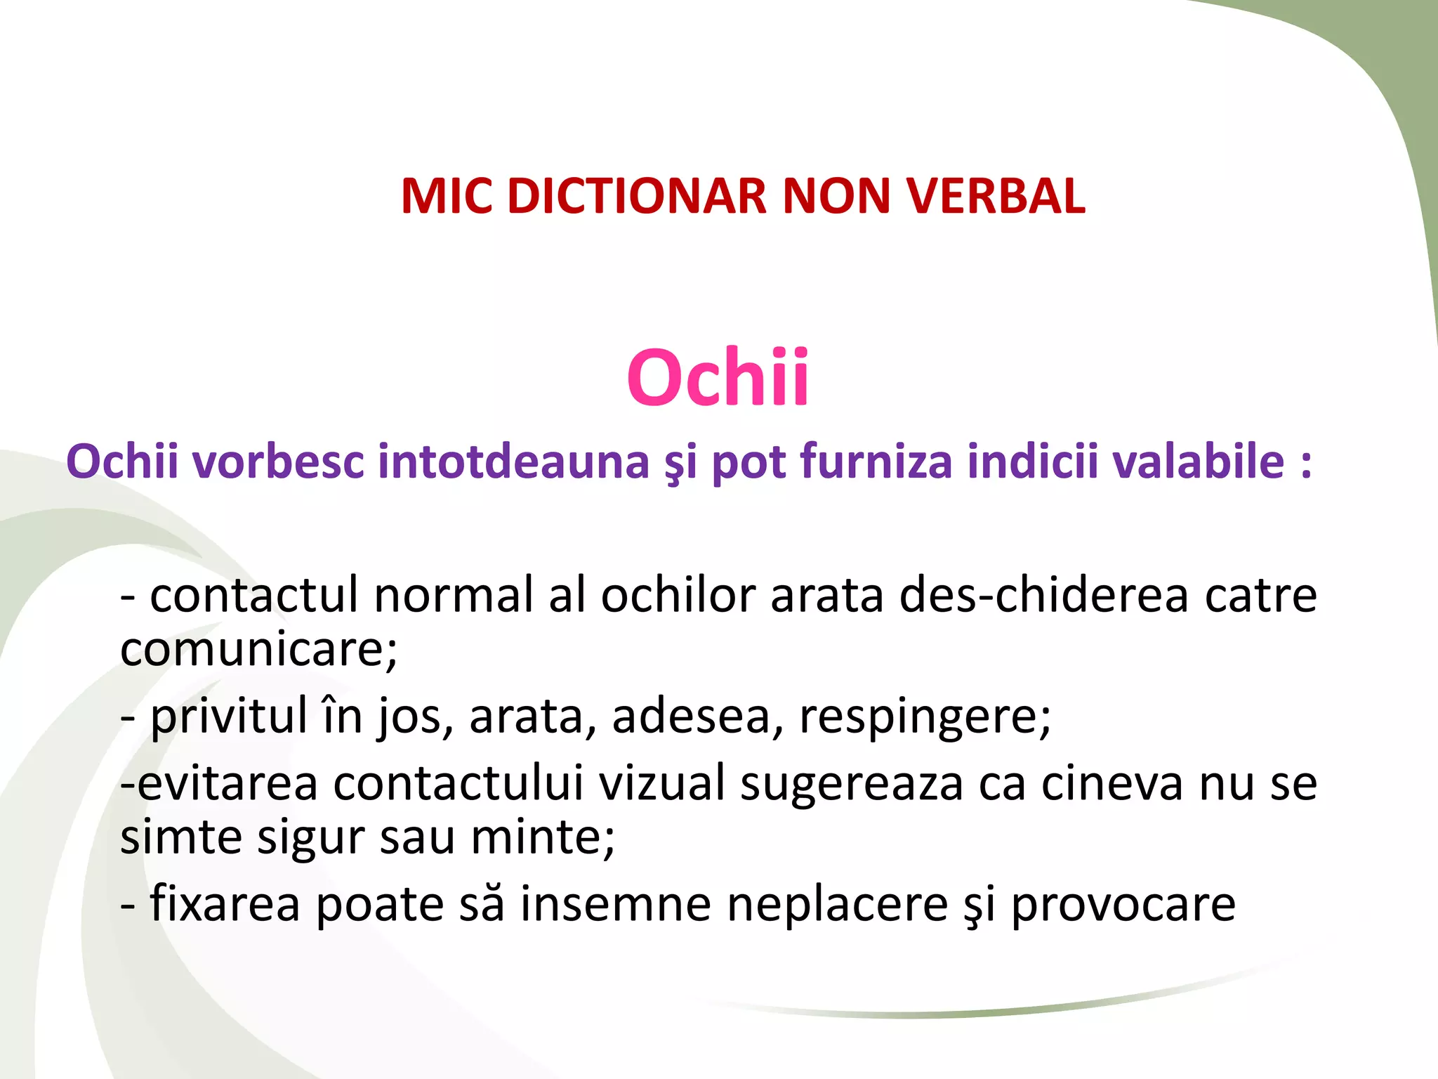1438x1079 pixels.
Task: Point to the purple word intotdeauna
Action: (513, 462)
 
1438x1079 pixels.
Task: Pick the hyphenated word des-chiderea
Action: (1043, 595)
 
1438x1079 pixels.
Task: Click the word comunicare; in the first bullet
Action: (258, 649)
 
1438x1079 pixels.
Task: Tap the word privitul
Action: (229, 717)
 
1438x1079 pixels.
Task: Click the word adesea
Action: (697, 717)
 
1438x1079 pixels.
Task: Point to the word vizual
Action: (661, 783)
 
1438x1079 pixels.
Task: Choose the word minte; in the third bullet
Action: (542, 837)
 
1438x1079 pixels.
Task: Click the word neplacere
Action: (837, 905)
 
